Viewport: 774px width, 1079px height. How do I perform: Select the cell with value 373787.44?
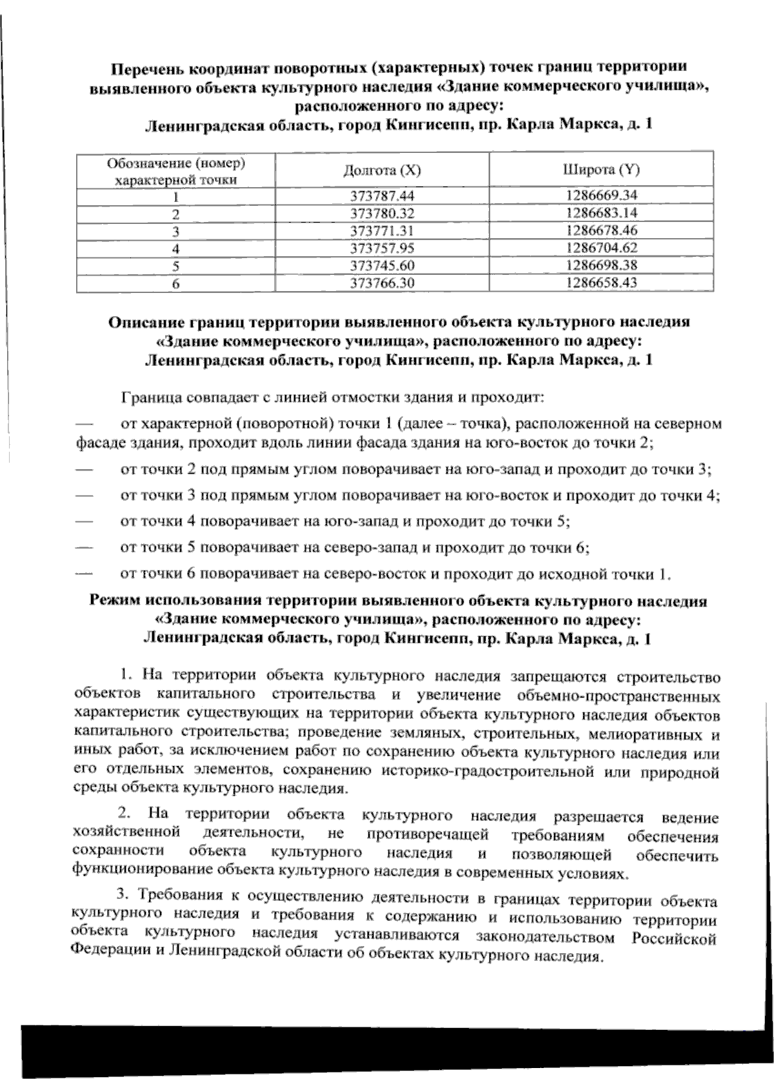382,196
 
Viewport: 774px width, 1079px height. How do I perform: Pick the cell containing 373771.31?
382,230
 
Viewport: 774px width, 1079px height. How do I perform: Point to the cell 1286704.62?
601,248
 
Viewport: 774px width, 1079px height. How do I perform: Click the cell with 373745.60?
382,265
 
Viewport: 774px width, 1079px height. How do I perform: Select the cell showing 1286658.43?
601,283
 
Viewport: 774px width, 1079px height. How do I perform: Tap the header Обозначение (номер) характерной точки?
175,170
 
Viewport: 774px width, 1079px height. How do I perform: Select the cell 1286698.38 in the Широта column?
601,265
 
